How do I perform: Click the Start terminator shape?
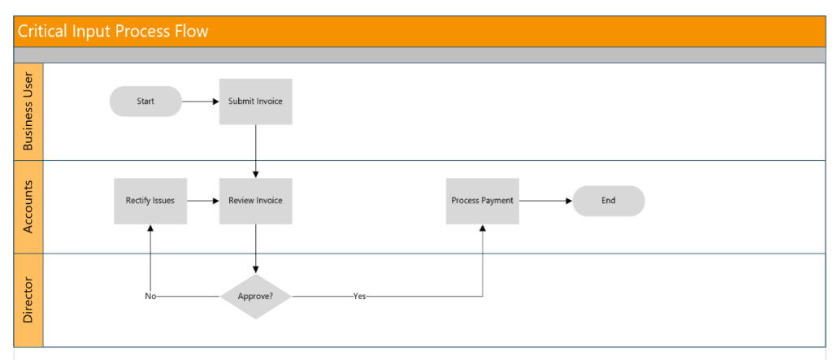click(146, 102)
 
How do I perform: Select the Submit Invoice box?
click(255, 102)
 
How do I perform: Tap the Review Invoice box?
click(255, 201)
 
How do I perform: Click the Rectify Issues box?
click(150, 201)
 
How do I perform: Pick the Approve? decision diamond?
click(255, 297)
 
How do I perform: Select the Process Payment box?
click(482, 201)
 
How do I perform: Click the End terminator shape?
click(609, 201)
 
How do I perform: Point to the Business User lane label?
click(28, 112)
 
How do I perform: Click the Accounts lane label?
click(28, 207)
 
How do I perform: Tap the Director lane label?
click(28, 301)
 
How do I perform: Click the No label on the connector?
click(150, 297)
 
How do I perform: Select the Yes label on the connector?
click(359, 297)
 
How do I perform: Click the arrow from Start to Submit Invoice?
click(201, 102)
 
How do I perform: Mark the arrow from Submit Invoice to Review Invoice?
click(256, 151)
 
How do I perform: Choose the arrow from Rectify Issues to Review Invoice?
click(203, 201)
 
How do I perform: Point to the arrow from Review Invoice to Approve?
click(256, 249)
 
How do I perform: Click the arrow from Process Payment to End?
click(546, 201)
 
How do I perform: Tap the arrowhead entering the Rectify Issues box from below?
click(150, 228)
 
